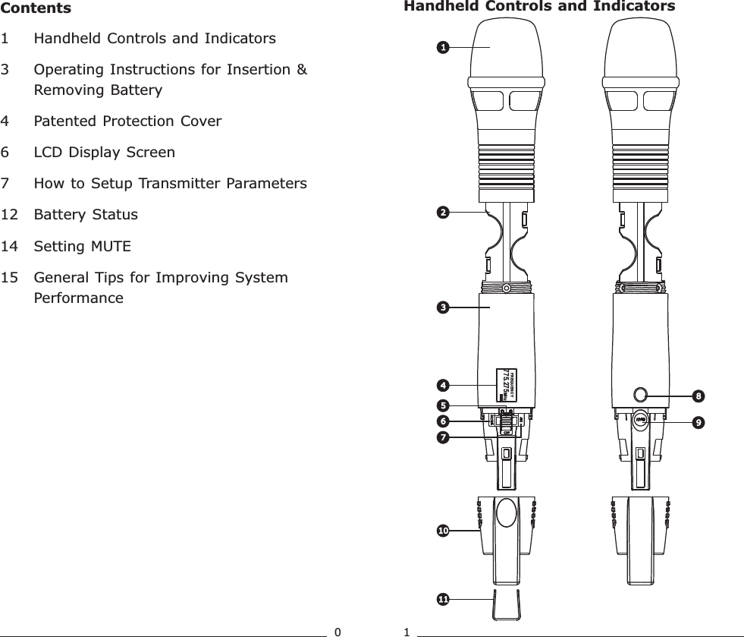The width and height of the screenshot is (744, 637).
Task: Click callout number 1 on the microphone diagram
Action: [x=441, y=47]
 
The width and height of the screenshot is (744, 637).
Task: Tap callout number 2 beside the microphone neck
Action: [x=441, y=212]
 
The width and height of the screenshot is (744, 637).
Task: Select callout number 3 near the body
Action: [x=441, y=307]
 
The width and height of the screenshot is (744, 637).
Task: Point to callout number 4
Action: [x=441, y=385]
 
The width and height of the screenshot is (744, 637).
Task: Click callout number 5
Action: [x=441, y=405]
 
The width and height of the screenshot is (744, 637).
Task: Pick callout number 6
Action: [x=441, y=420]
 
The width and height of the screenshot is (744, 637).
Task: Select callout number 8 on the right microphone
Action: [x=698, y=395]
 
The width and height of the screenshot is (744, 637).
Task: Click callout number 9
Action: [x=698, y=420]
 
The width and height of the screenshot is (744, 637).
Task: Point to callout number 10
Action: [x=441, y=530]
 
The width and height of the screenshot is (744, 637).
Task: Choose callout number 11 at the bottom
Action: [x=441, y=600]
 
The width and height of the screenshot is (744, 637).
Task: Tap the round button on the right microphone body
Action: [x=640, y=394]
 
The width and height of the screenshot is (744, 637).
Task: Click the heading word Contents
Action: [x=36, y=8]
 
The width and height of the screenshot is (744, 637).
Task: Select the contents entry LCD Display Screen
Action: [x=105, y=152]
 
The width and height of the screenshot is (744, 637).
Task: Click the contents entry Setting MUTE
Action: [x=83, y=246]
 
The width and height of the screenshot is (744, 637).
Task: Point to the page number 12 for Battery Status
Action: [x=11, y=214]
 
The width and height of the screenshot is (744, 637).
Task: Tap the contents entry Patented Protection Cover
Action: [x=128, y=121]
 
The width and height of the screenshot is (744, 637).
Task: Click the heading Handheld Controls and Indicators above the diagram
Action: [x=538, y=7]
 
